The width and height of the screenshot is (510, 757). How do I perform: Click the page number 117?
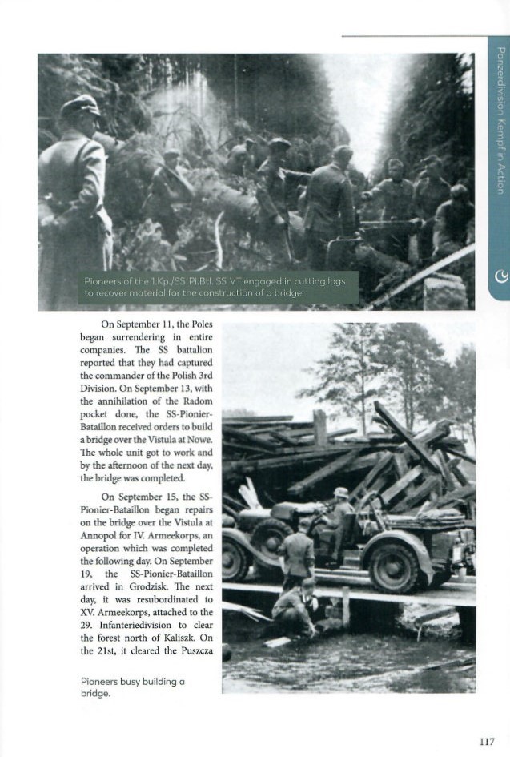tap(487, 741)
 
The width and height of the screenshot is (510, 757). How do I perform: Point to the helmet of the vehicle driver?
tap(341, 493)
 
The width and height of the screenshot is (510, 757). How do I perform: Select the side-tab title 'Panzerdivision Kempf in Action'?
tap(500, 120)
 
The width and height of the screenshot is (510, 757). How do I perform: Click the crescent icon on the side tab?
tap(499, 277)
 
